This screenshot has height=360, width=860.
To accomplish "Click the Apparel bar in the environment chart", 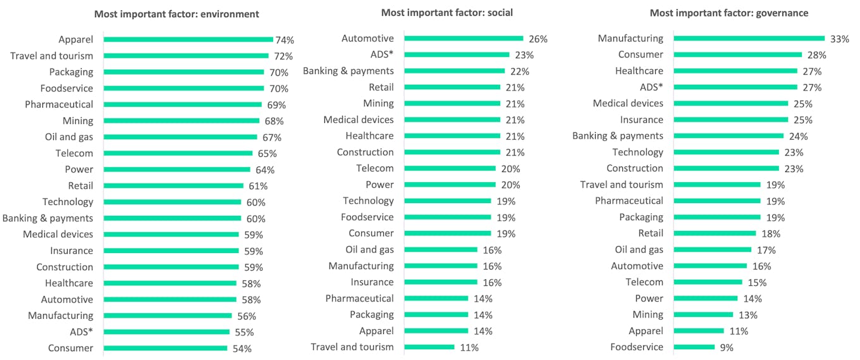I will (x=188, y=39).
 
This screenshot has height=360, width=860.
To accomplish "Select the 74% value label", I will (x=285, y=40).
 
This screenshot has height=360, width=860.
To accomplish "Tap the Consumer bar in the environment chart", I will (x=165, y=348).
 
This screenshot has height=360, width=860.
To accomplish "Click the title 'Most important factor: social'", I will (x=447, y=13).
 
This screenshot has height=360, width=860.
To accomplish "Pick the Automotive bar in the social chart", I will (x=464, y=39).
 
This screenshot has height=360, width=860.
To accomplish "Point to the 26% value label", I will (x=538, y=39).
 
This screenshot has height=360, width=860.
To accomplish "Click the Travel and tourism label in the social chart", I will (x=352, y=347).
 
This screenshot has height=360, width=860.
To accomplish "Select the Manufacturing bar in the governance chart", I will (x=749, y=39).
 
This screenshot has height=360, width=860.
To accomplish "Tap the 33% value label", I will (x=839, y=39).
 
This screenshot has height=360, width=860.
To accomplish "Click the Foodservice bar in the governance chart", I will (x=694, y=347).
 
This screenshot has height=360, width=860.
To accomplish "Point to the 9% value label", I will (x=727, y=347).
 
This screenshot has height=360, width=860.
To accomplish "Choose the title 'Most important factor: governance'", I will (x=729, y=13).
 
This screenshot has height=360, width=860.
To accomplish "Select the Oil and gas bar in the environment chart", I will (x=180, y=137).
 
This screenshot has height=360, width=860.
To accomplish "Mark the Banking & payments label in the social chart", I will (x=348, y=71).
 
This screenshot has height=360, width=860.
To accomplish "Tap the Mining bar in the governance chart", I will (x=703, y=314).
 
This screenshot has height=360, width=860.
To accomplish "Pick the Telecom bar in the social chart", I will (x=450, y=168).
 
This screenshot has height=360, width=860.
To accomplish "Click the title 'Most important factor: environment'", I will (x=176, y=14).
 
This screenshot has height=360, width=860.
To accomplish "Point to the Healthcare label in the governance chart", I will (x=639, y=71).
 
